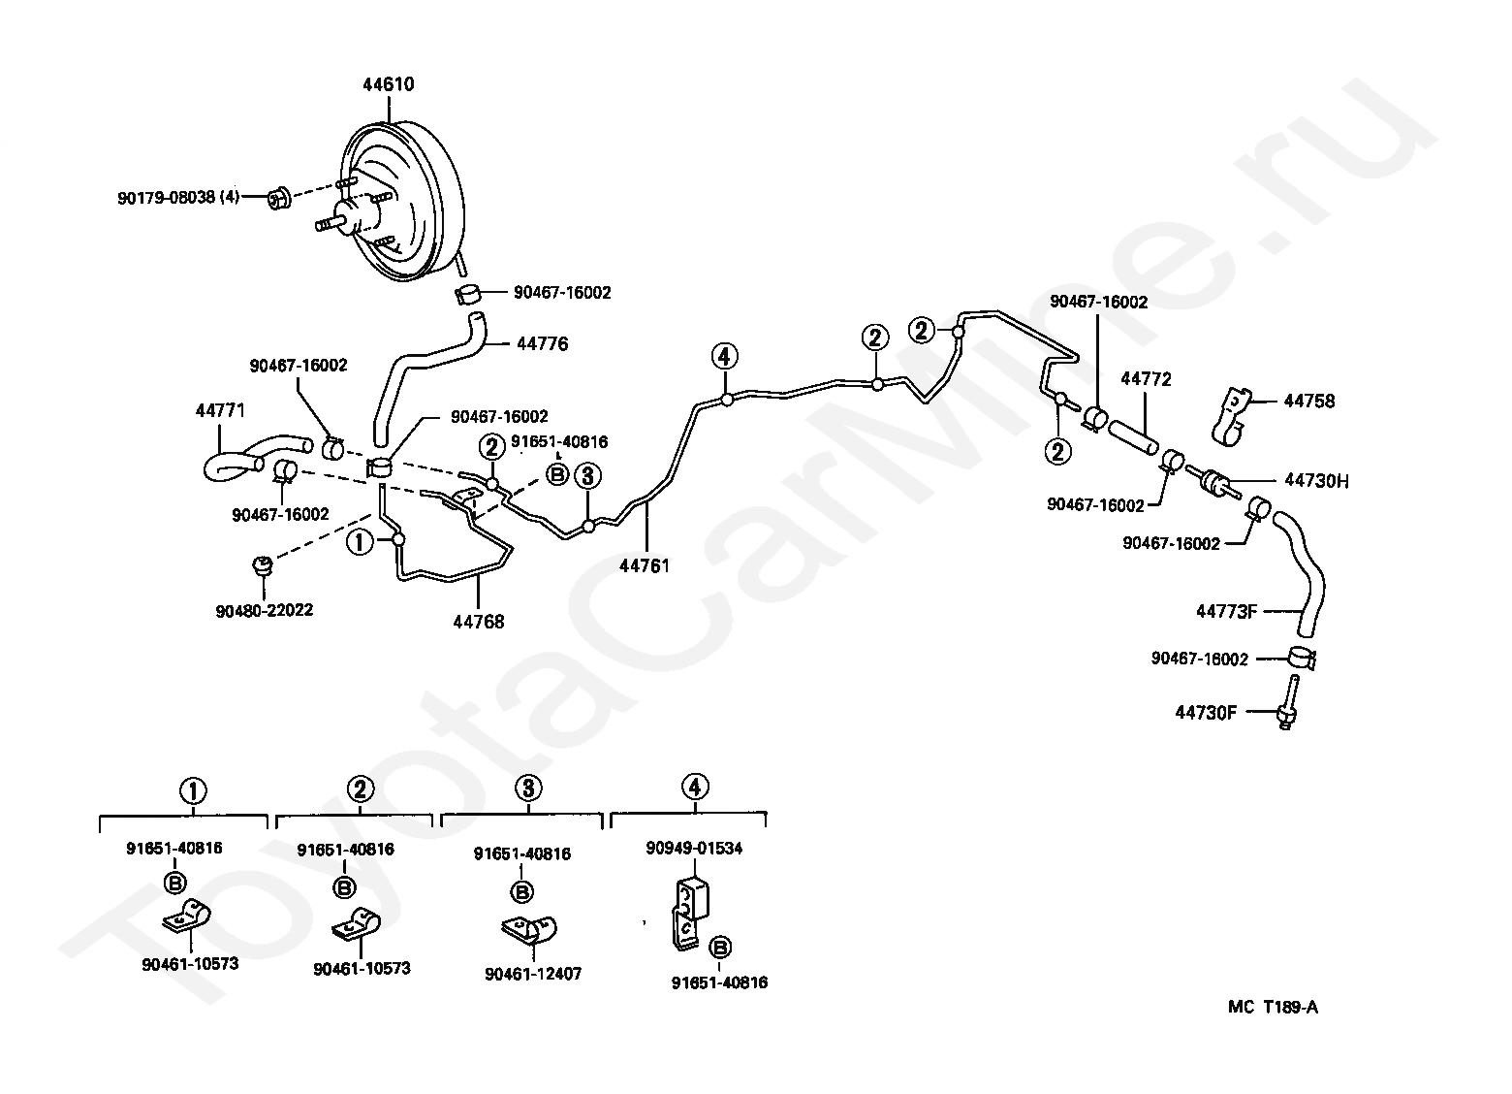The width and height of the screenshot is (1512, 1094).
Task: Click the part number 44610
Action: pos(388,84)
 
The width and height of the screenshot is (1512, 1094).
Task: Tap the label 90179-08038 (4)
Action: pos(178,199)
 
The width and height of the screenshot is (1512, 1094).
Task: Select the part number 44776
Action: pos(542,343)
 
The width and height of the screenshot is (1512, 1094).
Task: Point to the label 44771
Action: pos(220,411)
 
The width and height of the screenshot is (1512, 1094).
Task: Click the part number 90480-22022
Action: pos(264,611)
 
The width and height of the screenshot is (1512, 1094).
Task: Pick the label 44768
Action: pos(478,622)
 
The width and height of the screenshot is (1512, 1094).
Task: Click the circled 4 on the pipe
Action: pos(724,356)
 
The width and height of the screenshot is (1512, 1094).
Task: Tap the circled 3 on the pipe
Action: pos(586,475)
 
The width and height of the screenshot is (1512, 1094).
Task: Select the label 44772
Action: pos(1146,379)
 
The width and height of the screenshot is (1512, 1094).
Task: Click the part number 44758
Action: pos(1309,401)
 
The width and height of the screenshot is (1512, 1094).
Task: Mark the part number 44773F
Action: pos(1226,611)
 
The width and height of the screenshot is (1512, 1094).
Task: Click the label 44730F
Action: pos(1206,712)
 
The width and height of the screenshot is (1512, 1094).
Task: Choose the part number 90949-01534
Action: pos(694,849)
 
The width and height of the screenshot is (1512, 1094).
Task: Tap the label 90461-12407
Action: pos(533,973)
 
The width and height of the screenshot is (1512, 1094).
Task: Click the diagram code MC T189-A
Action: pos(1273,1007)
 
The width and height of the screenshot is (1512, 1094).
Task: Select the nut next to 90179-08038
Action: pos(278,200)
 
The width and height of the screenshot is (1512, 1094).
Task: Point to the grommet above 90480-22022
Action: pos(260,565)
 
